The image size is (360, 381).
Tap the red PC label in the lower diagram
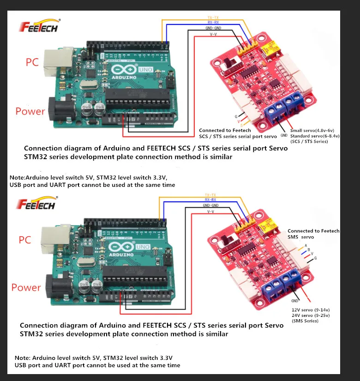point(25,240)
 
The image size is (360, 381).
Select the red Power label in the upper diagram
point(30,111)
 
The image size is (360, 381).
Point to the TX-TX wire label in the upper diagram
point(213,18)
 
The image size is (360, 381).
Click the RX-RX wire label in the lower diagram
point(211,199)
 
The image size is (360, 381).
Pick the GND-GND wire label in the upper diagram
point(213,28)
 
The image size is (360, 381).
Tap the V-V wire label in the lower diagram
point(210,211)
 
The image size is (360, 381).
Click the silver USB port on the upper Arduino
point(54,62)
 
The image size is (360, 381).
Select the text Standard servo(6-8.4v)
point(315,136)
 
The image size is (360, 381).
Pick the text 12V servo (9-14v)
point(311,310)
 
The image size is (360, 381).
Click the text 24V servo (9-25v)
point(311,315)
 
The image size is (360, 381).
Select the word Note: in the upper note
point(18,178)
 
